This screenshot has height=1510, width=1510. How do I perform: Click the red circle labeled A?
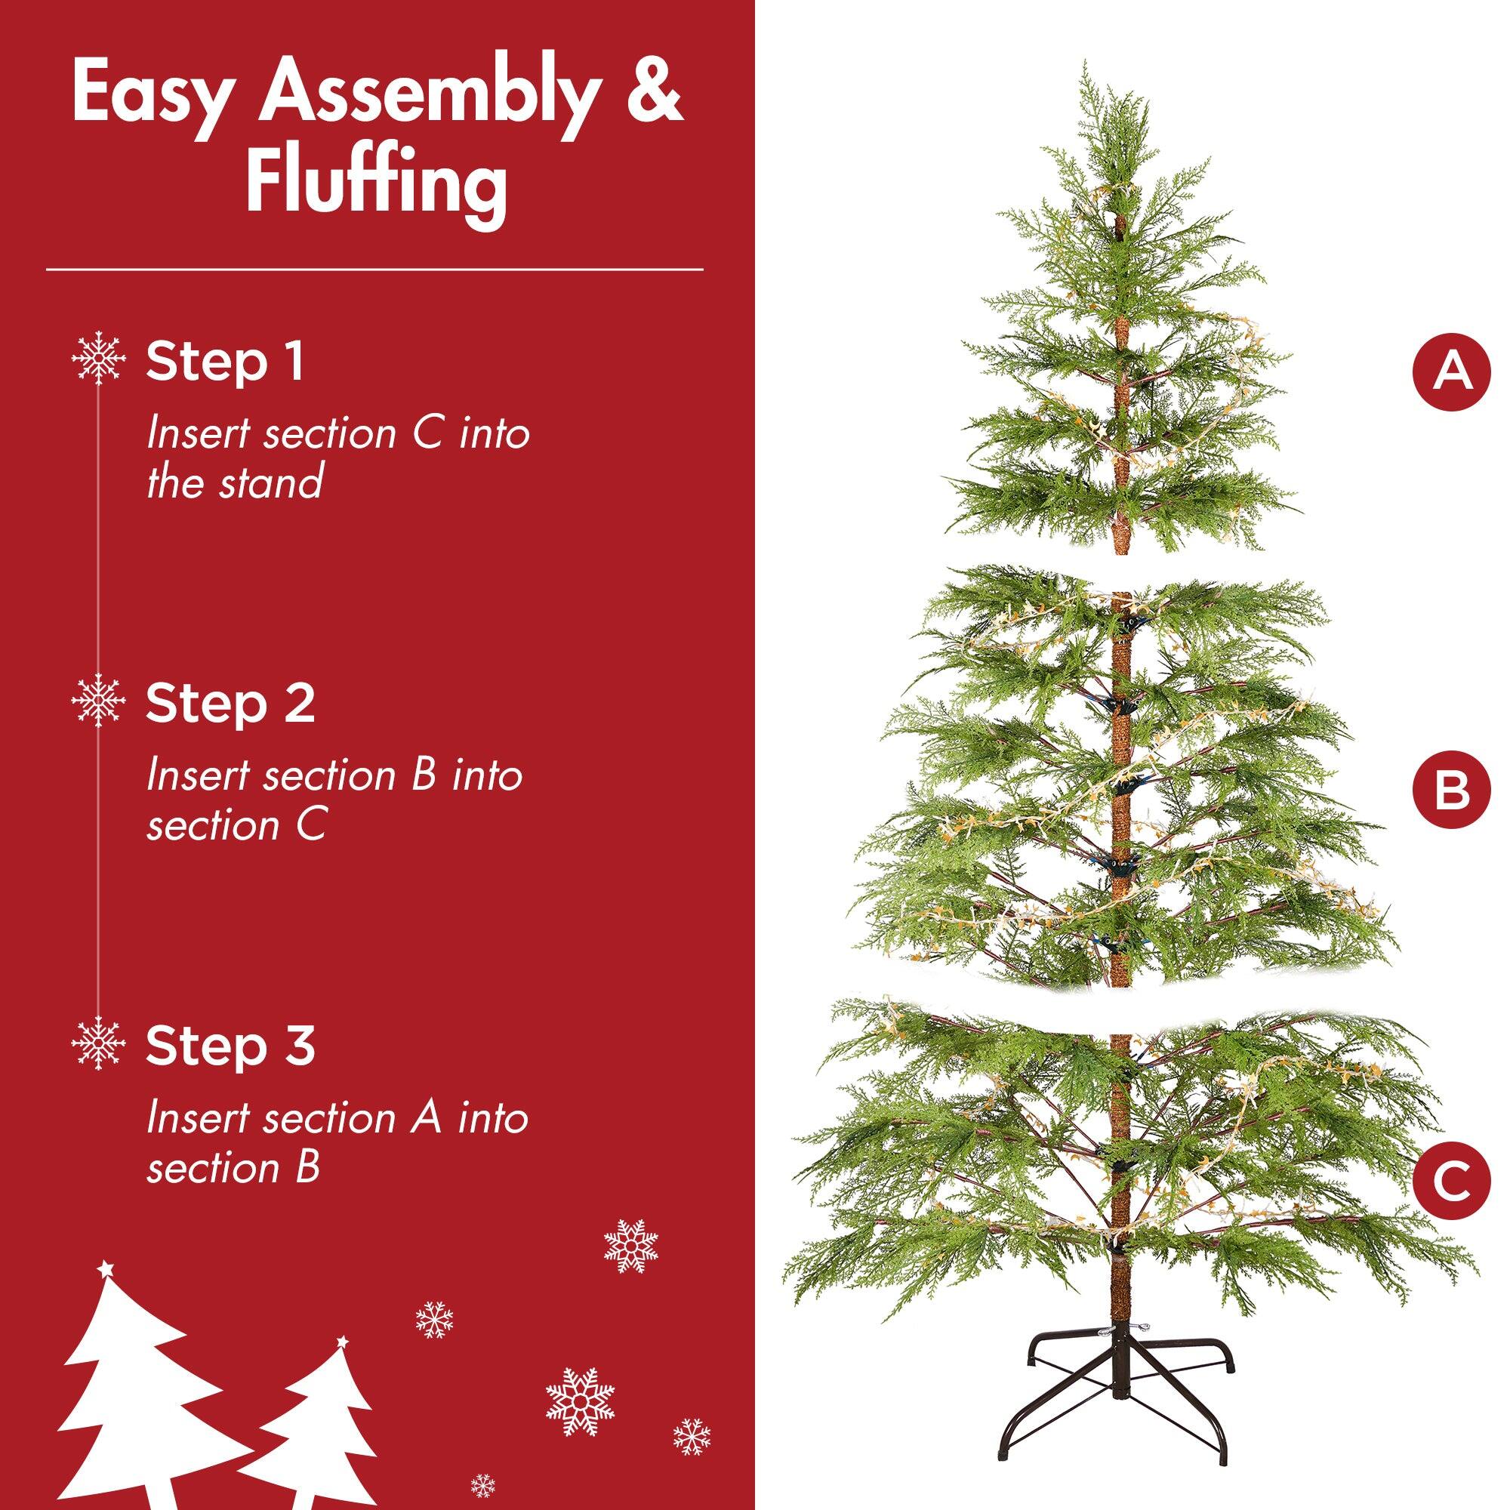pos(1451,372)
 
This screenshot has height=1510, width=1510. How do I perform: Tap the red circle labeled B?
pos(1451,790)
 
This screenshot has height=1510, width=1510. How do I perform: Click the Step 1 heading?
pos(225,362)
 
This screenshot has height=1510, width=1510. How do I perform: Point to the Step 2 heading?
pos(230,704)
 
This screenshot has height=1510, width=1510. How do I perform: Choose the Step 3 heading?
pos(230,1046)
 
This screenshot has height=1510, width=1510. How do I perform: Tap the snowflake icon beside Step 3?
pos(98,1043)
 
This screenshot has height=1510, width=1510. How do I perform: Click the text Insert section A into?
pos(337,1117)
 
